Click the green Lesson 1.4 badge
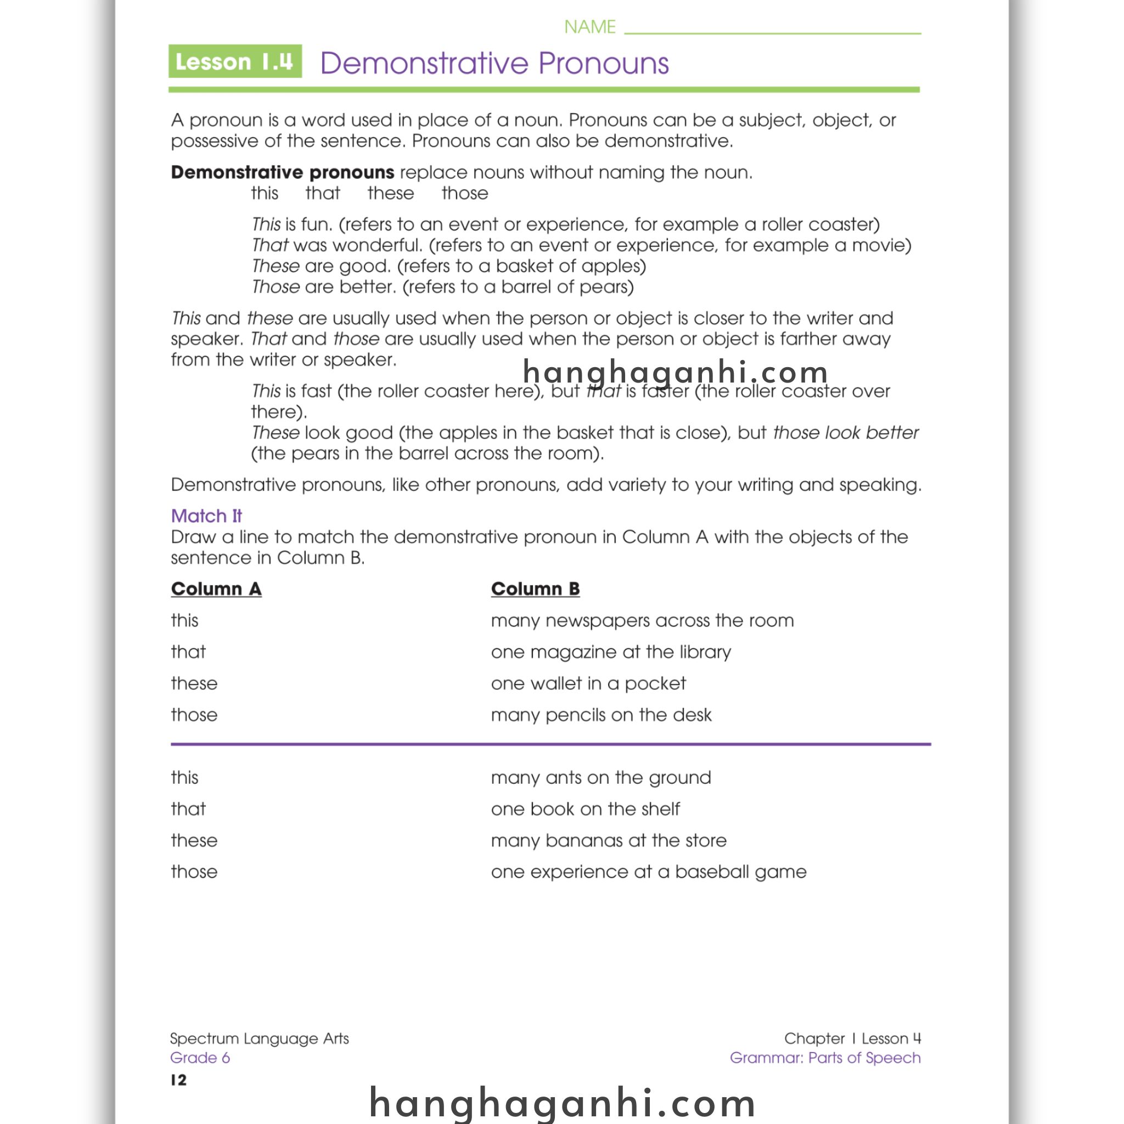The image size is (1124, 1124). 235,61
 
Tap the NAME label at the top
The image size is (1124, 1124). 589,27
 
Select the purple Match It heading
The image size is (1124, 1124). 206,515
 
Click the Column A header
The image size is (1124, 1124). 216,589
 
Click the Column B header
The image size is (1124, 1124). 535,589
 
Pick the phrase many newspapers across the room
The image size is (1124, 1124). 642,620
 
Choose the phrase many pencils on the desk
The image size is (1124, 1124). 601,715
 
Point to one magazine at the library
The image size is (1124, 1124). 610,651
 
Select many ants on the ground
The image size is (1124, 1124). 600,777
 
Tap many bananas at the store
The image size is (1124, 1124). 609,840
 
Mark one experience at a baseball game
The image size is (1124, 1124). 648,872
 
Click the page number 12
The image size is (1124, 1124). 178,1080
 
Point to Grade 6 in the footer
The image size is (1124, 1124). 200,1058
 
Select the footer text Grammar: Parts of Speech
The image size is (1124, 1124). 824,1058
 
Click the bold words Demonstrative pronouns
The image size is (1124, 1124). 282,172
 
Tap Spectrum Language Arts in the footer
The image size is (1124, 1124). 259,1038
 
